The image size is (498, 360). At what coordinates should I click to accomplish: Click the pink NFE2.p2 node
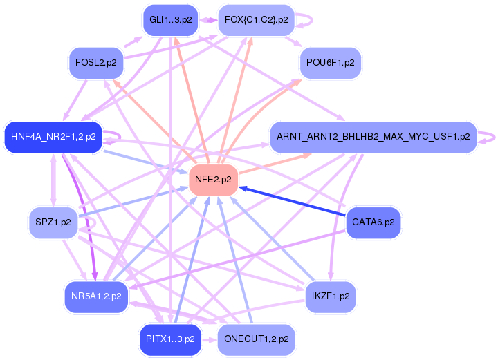tap(214, 180)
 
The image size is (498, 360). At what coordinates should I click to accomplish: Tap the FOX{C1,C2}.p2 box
tap(257, 20)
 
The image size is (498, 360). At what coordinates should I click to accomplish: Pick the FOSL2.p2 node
tap(96, 63)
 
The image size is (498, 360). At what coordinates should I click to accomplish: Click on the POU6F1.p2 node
tap(330, 63)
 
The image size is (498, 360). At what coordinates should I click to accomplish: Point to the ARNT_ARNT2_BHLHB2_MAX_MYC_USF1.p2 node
tap(373, 137)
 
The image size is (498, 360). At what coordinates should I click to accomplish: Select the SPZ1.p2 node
tap(53, 222)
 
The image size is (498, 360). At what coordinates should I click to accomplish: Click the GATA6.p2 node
tap(373, 222)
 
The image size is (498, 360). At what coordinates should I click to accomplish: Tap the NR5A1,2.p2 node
tap(96, 296)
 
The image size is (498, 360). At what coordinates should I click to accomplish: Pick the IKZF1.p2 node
tap(330, 296)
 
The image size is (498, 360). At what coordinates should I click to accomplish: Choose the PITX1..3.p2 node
tap(170, 339)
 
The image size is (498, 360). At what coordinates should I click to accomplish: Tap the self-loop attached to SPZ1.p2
tap(90, 225)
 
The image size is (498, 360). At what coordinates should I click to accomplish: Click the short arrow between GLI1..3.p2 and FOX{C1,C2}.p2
tap(208, 21)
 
